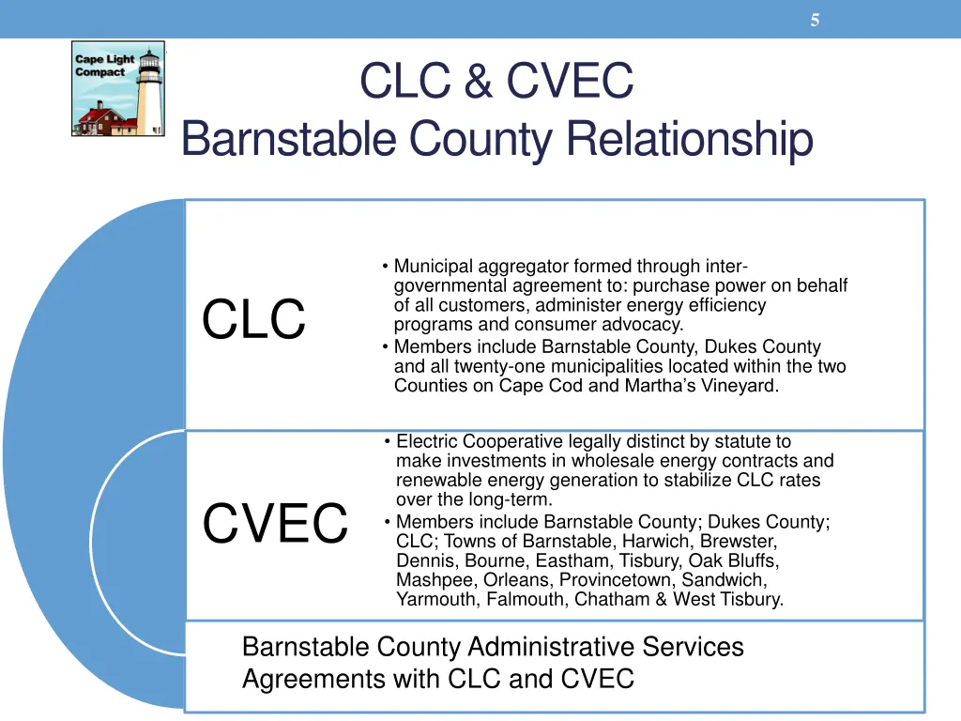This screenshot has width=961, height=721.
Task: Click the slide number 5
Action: (815, 21)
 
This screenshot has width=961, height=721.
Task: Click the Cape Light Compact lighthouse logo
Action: (118, 89)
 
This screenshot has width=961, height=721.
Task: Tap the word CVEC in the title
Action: (570, 81)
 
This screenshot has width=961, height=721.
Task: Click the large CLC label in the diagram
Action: (253, 319)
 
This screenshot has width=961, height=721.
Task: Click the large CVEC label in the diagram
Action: (275, 523)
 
